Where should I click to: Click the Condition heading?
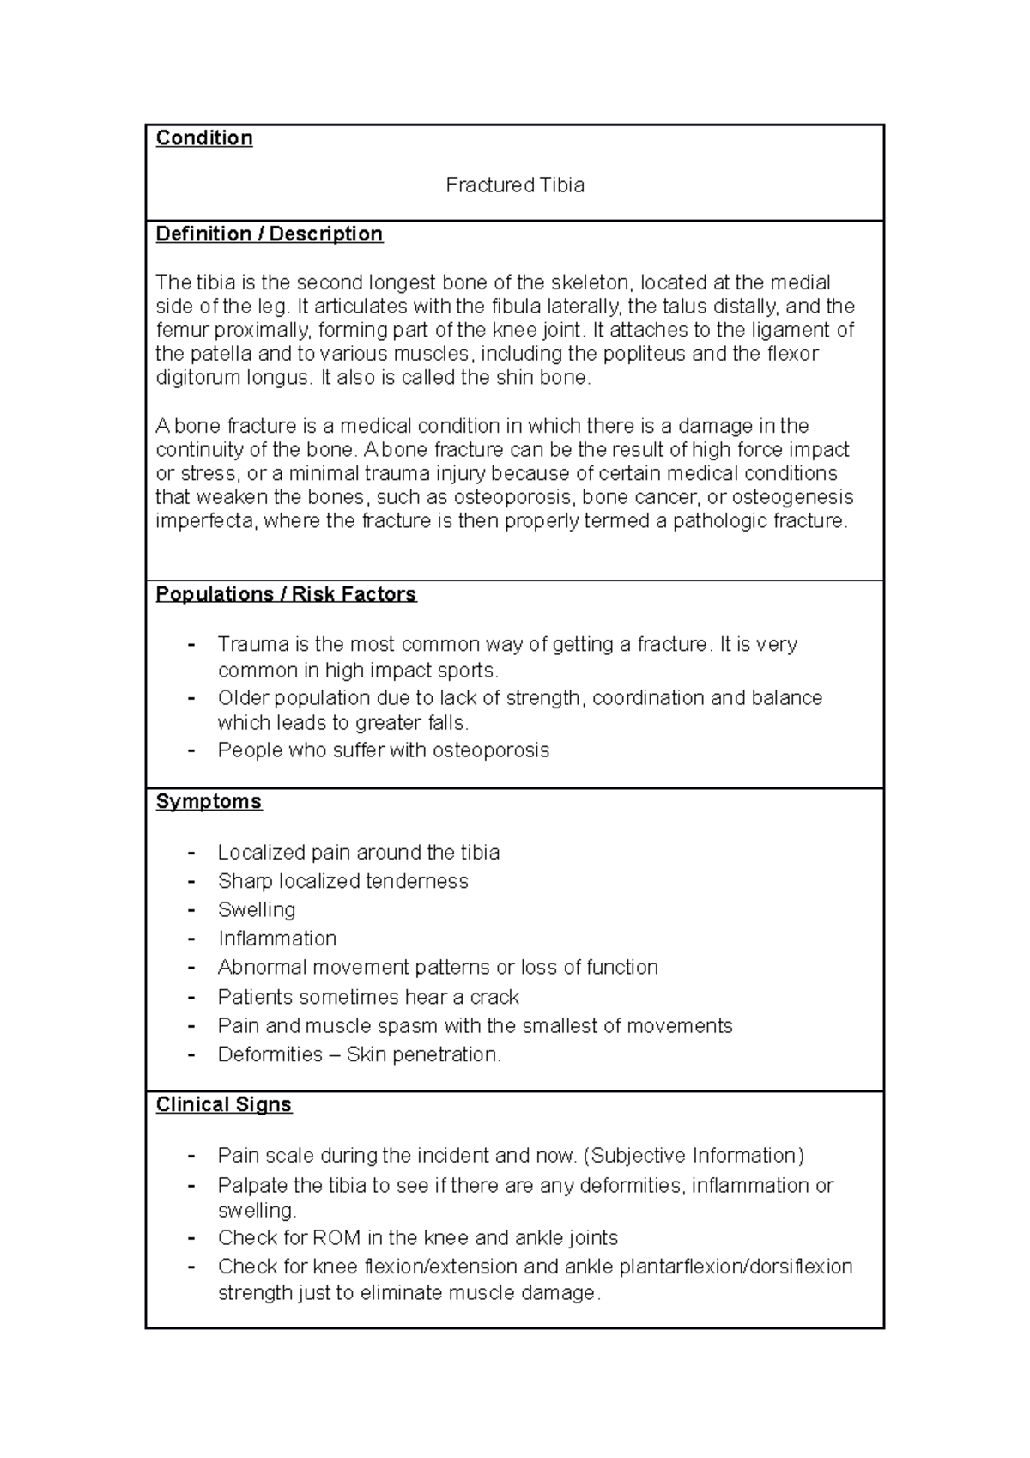[203, 138]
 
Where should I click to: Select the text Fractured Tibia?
[515, 185]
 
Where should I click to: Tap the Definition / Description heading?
[269, 234]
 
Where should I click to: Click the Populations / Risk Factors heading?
[286, 594]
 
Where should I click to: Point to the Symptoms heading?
[209, 802]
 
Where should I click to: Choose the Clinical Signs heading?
[223, 1104]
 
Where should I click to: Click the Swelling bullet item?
[256, 909]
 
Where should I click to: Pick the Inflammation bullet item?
[276, 939]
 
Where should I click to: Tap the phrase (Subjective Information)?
[693, 1156]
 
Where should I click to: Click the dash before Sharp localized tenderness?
[191, 882]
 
